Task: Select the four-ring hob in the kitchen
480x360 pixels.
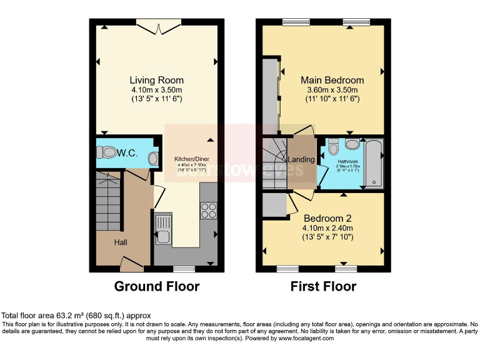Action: coord(208,211)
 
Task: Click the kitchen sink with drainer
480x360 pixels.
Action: coord(162,229)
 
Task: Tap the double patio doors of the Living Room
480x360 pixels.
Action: coord(159,26)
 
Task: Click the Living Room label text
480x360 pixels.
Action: coord(156,80)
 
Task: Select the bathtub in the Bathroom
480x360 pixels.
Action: coord(374,164)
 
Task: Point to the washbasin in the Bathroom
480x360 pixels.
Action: coord(352,144)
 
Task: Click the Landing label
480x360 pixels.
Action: coord(301,159)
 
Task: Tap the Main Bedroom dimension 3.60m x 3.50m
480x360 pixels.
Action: coord(332,90)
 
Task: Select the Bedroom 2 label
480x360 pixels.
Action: coord(327,218)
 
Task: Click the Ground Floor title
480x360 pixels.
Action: coord(156,287)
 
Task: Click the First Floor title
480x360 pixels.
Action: coord(323,287)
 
